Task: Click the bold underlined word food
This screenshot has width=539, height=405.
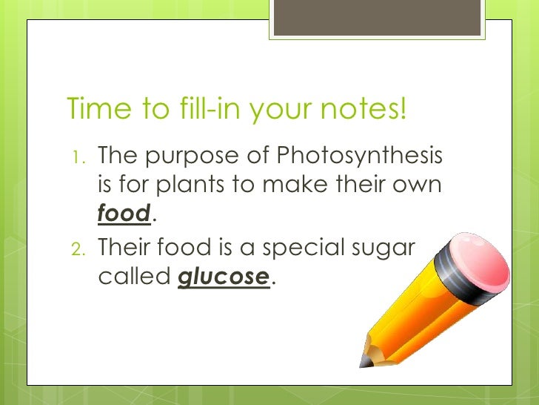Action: [x=124, y=213]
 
